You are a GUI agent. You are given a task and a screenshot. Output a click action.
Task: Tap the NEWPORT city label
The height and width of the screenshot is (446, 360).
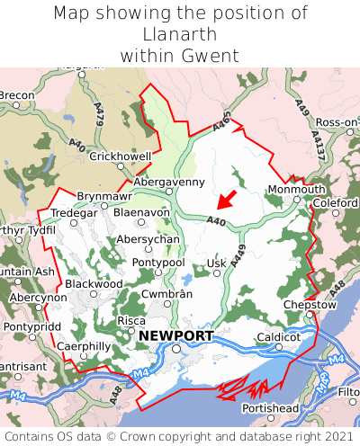(176, 335)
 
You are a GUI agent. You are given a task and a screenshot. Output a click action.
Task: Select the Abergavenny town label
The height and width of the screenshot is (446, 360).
(169, 182)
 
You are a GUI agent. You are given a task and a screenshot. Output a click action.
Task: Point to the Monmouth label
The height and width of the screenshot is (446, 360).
(296, 190)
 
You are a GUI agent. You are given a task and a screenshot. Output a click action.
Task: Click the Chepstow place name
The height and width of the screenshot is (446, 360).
(309, 304)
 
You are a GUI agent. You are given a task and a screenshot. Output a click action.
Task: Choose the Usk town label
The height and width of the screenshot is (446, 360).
(216, 263)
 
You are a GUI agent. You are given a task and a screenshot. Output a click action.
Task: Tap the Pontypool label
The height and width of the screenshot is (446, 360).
(158, 262)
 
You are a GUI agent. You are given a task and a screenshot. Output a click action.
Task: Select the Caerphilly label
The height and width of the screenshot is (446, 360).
(84, 346)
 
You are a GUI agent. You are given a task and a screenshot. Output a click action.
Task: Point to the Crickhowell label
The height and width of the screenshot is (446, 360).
(121, 156)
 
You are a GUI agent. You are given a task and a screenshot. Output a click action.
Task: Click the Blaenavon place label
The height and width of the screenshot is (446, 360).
(141, 212)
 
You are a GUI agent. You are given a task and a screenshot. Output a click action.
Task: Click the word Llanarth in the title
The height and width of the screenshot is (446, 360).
(179, 35)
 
